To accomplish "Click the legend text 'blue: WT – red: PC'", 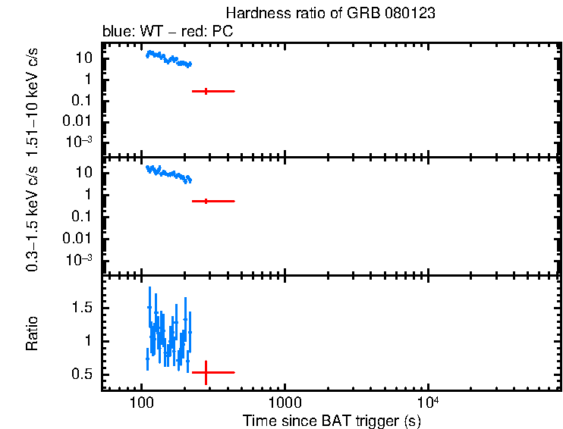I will coord(168,32).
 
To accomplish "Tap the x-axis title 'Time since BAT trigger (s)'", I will coord(332,419).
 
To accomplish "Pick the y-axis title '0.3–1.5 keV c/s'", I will coord(33,216).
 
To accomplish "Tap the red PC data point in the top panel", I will coord(206,91).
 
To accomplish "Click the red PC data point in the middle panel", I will coord(206,201).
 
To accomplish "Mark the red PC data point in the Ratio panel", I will coord(206,372).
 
